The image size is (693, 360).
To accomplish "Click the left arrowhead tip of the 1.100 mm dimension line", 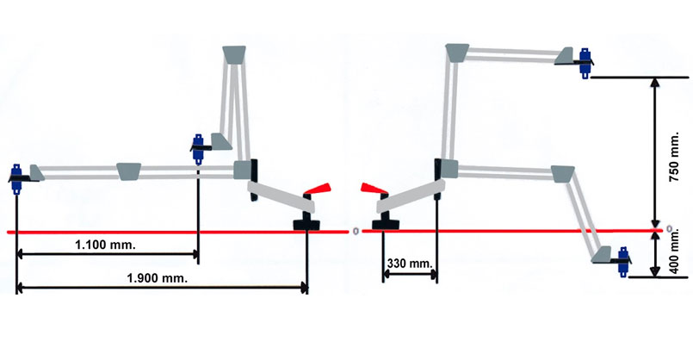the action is (17, 254).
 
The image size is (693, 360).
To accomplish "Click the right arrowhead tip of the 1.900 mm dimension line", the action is (307, 288).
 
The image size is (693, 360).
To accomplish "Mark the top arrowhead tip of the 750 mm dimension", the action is (656, 78).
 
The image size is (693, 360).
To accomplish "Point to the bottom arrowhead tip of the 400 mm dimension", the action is (656, 276).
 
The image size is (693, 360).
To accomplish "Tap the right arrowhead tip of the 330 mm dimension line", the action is (436, 274).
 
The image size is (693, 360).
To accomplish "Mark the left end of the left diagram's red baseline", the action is (8, 233).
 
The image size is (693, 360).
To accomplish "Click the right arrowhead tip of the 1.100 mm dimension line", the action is (197, 254).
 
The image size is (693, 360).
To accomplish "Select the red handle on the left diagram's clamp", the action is (318, 188).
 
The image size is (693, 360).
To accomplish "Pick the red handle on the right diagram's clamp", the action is (374, 189).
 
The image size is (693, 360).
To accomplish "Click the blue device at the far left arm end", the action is (16, 178).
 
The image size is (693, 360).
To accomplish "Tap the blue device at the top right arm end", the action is (585, 63).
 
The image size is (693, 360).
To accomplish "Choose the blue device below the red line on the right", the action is (623, 261).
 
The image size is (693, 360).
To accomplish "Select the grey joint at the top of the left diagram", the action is (234, 55).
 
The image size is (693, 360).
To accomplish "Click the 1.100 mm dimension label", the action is (105, 245).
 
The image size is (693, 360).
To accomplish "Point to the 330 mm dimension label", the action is (410, 264).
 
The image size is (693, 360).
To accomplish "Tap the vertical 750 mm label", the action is (673, 157).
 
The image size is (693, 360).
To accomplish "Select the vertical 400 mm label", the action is (674, 252).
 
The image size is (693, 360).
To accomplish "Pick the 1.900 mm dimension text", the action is (158, 278).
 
